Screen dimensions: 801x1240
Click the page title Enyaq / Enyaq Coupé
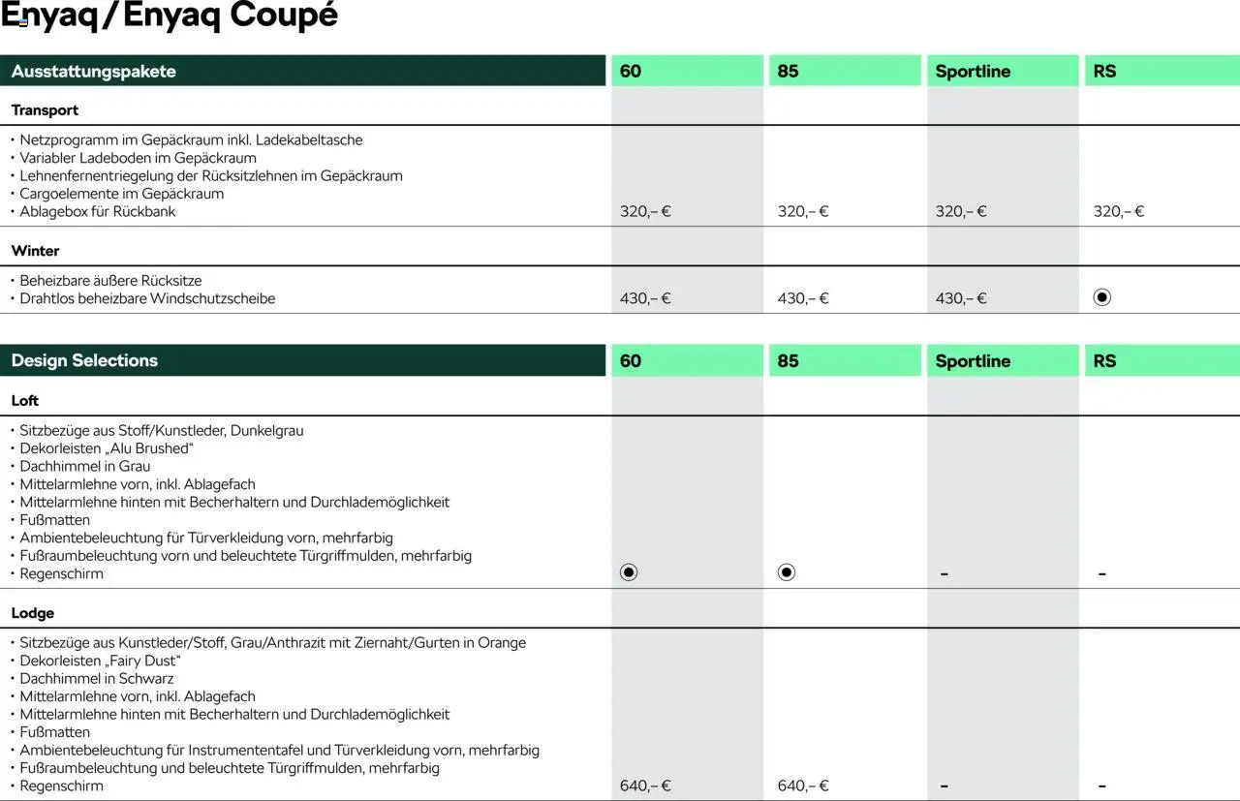[x=170, y=16]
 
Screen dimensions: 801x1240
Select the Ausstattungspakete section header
[x=94, y=72]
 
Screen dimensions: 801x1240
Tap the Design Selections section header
[x=84, y=361]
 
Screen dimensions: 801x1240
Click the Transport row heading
[x=45, y=110]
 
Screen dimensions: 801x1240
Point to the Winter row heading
[x=36, y=251]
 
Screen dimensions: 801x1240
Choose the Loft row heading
[x=25, y=401]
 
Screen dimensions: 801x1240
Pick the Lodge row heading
[x=33, y=613]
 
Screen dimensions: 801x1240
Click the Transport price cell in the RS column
[x=1119, y=211]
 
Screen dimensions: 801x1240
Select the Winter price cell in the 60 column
[x=645, y=298]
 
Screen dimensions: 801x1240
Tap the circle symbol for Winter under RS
[x=1101, y=297]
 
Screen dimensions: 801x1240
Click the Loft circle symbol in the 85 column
[x=787, y=572]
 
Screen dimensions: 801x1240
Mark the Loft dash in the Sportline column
[x=945, y=574]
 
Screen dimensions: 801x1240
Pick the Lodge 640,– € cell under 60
[x=645, y=786]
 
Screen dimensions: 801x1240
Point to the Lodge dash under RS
[x=1102, y=786]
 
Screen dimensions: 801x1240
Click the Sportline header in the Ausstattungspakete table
[x=973, y=72]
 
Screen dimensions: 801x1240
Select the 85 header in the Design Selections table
[x=789, y=361]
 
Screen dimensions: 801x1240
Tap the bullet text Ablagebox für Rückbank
[x=98, y=211]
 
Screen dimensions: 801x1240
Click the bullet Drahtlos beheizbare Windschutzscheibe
[x=147, y=298]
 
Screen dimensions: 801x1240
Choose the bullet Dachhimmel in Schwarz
[x=97, y=678]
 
